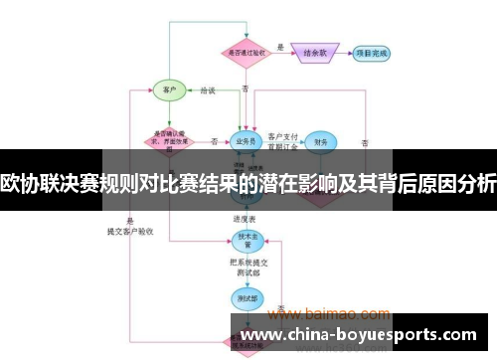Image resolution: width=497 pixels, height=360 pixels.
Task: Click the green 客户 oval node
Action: (170, 90)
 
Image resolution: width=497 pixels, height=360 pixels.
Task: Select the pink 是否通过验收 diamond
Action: (245, 52)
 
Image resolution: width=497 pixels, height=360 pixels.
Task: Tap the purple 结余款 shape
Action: (317, 52)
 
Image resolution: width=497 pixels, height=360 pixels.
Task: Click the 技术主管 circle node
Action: (245, 240)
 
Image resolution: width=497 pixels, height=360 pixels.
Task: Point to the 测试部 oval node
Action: (245, 295)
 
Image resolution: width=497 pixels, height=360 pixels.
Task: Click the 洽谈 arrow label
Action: (208, 90)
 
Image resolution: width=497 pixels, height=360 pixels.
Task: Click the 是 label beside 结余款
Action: (281, 46)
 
